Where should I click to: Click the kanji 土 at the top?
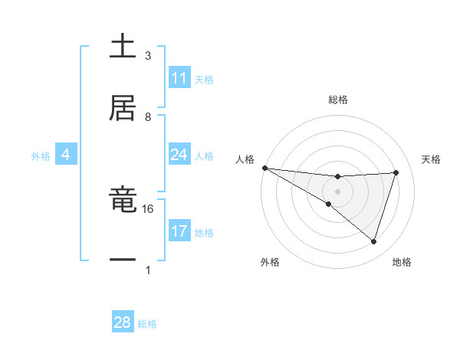tap(123, 47)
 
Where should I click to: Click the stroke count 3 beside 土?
tap(148, 56)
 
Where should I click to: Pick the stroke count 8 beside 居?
tap(148, 117)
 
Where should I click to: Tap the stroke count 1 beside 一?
tap(148, 270)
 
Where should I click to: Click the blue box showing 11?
tap(179, 78)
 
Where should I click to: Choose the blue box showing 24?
tap(179, 155)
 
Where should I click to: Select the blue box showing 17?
tap(179, 231)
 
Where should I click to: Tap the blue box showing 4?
tap(66, 155)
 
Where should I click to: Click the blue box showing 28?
tap(123, 322)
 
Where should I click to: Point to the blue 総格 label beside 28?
tap(147, 324)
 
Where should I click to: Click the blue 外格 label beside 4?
tap(41, 156)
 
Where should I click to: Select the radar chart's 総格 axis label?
tap(337, 100)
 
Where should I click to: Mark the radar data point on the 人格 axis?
tap(264, 168)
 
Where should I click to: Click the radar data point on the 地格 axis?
tap(373, 241)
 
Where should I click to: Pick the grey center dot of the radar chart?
tap(337, 191)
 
